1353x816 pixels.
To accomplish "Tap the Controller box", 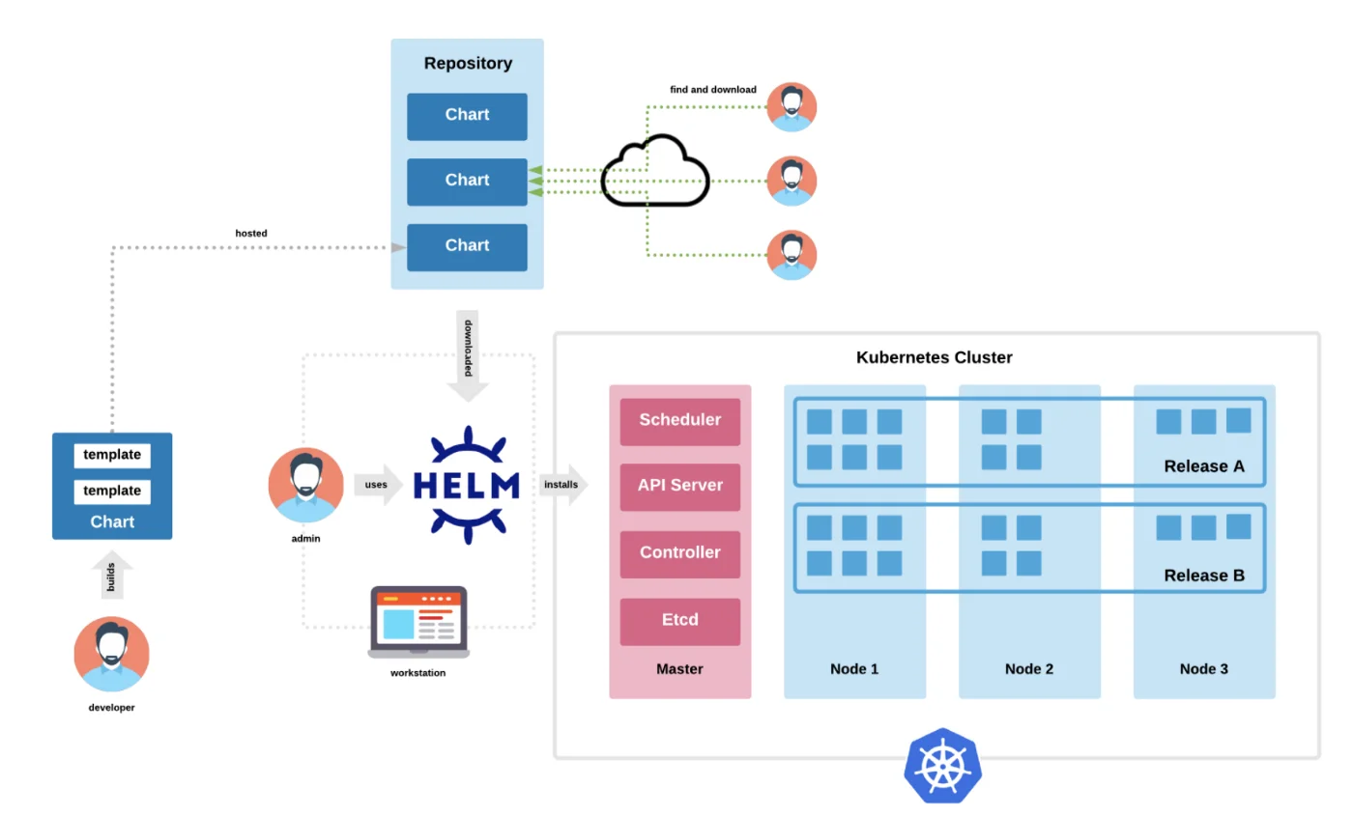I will click(x=679, y=553).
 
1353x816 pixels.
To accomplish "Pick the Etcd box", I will click(x=679, y=620).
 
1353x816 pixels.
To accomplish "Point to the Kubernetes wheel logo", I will click(x=942, y=766).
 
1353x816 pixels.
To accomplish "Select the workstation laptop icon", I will click(x=418, y=622).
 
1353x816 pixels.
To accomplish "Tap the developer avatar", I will click(x=112, y=654).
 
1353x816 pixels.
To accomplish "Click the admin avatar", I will click(x=305, y=485).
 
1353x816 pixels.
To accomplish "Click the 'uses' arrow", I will click(x=378, y=484).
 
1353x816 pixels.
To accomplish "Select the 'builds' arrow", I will click(x=112, y=577).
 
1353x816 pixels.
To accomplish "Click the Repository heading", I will click(x=468, y=64).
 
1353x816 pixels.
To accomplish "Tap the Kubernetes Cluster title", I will click(x=934, y=358).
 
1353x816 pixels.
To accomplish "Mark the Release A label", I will click(x=1203, y=466).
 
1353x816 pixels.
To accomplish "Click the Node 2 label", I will click(x=1029, y=669).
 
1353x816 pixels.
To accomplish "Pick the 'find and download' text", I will click(x=713, y=90).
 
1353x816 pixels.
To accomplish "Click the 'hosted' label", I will click(x=251, y=234).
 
